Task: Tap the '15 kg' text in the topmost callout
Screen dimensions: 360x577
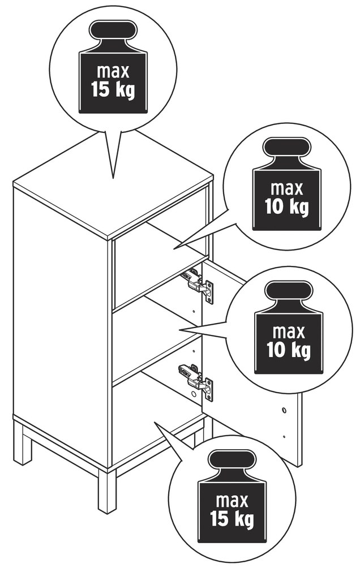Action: (x=113, y=89)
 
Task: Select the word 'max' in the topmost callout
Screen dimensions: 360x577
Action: (x=113, y=71)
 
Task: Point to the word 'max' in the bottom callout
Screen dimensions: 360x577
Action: (x=232, y=501)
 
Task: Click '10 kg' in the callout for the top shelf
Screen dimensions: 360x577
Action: (x=287, y=207)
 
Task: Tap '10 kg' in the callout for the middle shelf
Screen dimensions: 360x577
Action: (x=289, y=350)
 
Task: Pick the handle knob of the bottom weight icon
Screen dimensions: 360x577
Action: (x=232, y=460)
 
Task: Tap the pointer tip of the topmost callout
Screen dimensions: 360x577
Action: (x=113, y=178)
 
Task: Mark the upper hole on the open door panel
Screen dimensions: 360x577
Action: (x=284, y=409)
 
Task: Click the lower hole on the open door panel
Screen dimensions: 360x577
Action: (x=284, y=437)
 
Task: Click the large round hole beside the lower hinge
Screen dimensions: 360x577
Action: (x=194, y=395)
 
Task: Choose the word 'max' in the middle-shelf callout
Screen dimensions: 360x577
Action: (x=289, y=332)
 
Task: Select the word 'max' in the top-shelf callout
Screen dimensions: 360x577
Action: (x=287, y=189)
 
